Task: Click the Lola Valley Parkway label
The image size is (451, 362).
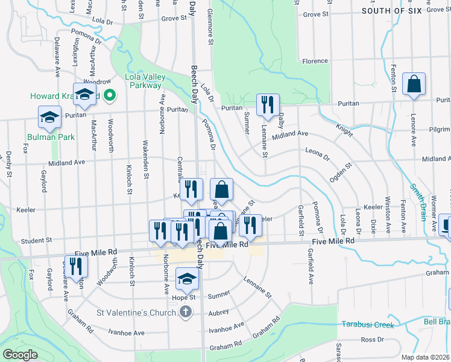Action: pos(143,81)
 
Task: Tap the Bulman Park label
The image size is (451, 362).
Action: pos(51,137)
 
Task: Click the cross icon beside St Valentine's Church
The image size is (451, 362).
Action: pos(186,312)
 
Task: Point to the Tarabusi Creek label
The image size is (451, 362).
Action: pos(367,325)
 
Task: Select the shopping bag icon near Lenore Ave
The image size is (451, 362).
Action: pos(414,85)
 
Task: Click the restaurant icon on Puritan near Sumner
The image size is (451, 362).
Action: pos(267,104)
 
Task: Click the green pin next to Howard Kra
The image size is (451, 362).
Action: pos(110,95)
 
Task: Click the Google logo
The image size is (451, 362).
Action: pos(20,355)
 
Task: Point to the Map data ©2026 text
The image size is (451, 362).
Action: pos(426,357)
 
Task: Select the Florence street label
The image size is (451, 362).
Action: pos(315,62)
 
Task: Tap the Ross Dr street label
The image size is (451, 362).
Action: pos(368,340)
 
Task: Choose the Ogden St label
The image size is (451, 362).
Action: pos(340,173)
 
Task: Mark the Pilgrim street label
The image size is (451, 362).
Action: pos(438,129)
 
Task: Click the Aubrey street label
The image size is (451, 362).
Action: pos(218,312)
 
